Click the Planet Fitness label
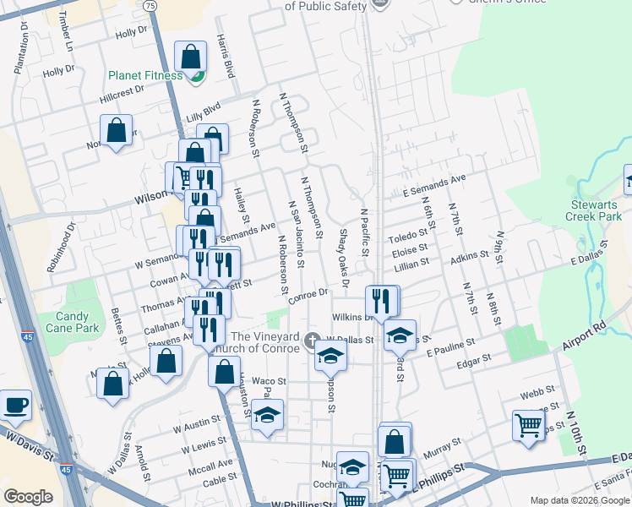coord(144,75)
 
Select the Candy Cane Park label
coord(67,322)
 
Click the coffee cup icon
coord(16,405)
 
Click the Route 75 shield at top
coord(150,5)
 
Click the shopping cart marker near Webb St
coord(528,425)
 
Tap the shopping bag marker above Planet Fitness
coord(191,57)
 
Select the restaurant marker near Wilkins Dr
coord(380,300)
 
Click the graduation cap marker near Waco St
coord(268,415)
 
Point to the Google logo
coord(28,497)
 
